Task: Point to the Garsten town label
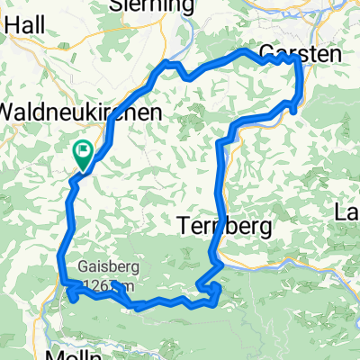click(x=301, y=56)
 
